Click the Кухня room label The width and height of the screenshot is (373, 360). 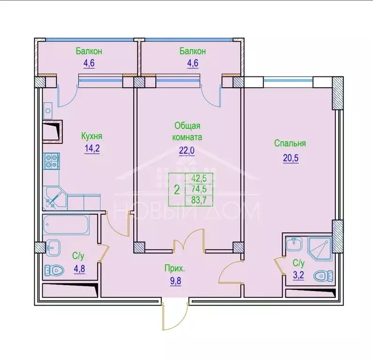[91, 136]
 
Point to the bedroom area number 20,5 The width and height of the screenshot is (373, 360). [290, 157]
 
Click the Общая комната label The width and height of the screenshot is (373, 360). [188, 132]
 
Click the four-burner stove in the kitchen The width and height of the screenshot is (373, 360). [51, 162]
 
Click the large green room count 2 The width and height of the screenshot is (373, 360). [176, 190]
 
